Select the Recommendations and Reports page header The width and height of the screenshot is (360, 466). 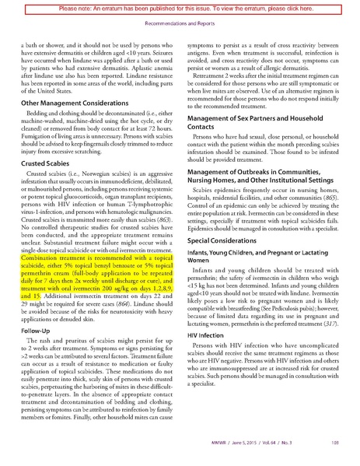pyautogui.click(x=180, y=23)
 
